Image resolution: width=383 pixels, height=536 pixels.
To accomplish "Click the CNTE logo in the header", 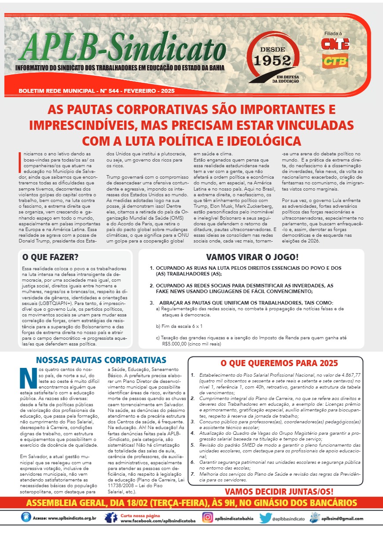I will (x=335, y=44).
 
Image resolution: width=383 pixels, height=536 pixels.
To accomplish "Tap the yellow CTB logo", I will (x=335, y=61).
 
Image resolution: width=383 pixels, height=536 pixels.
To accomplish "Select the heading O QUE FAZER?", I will (x=51, y=257).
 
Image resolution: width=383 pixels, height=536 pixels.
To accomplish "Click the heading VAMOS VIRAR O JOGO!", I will (x=252, y=257).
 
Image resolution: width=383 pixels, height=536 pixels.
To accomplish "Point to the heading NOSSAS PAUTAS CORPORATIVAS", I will (x=101, y=360).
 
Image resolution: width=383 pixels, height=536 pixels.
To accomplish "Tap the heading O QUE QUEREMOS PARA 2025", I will (x=279, y=363).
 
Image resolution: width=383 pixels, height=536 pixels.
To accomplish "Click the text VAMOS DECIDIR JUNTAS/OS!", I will (x=279, y=492).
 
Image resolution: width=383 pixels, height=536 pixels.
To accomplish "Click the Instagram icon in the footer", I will (x=208, y=518).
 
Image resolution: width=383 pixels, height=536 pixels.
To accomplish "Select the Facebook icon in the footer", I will (x=110, y=518).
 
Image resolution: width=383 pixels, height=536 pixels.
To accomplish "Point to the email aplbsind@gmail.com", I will (x=342, y=518).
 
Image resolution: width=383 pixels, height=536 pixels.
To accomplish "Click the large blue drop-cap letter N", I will (x=29, y=378).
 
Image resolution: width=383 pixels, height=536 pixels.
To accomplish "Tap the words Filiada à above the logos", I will (x=333, y=33).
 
